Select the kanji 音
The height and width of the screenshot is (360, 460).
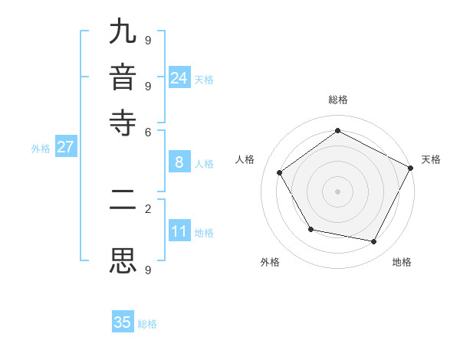pyautogui.click(x=123, y=77)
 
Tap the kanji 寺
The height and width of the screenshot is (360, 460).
pyautogui.click(x=123, y=123)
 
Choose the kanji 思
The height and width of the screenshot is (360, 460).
pyautogui.click(x=123, y=260)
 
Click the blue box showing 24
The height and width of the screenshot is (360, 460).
pyautogui.click(x=179, y=78)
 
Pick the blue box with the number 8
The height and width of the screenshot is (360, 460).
pyautogui.click(x=179, y=162)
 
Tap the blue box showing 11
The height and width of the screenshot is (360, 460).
pyautogui.click(x=179, y=231)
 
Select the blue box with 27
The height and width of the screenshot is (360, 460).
pyautogui.click(x=65, y=147)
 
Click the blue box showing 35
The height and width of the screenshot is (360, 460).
pyautogui.click(x=123, y=322)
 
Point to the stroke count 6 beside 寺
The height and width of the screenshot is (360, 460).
pyautogui.click(x=147, y=131)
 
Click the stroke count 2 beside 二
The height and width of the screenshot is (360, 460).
pyautogui.click(x=147, y=208)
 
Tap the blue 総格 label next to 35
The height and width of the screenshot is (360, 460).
pyautogui.click(x=147, y=324)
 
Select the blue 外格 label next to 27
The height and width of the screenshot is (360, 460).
pyautogui.click(x=41, y=149)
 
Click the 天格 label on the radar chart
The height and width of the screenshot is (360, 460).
pyautogui.click(x=431, y=159)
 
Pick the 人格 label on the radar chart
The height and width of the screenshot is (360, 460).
pyautogui.click(x=245, y=159)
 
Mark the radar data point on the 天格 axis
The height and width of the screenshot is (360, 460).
pyautogui.click(x=410, y=167)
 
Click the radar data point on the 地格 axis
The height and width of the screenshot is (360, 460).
pyautogui.click(x=374, y=241)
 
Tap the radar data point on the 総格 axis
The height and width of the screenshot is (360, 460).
pyautogui.click(x=337, y=130)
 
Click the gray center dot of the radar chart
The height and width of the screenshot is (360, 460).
pyautogui.click(x=337, y=191)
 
